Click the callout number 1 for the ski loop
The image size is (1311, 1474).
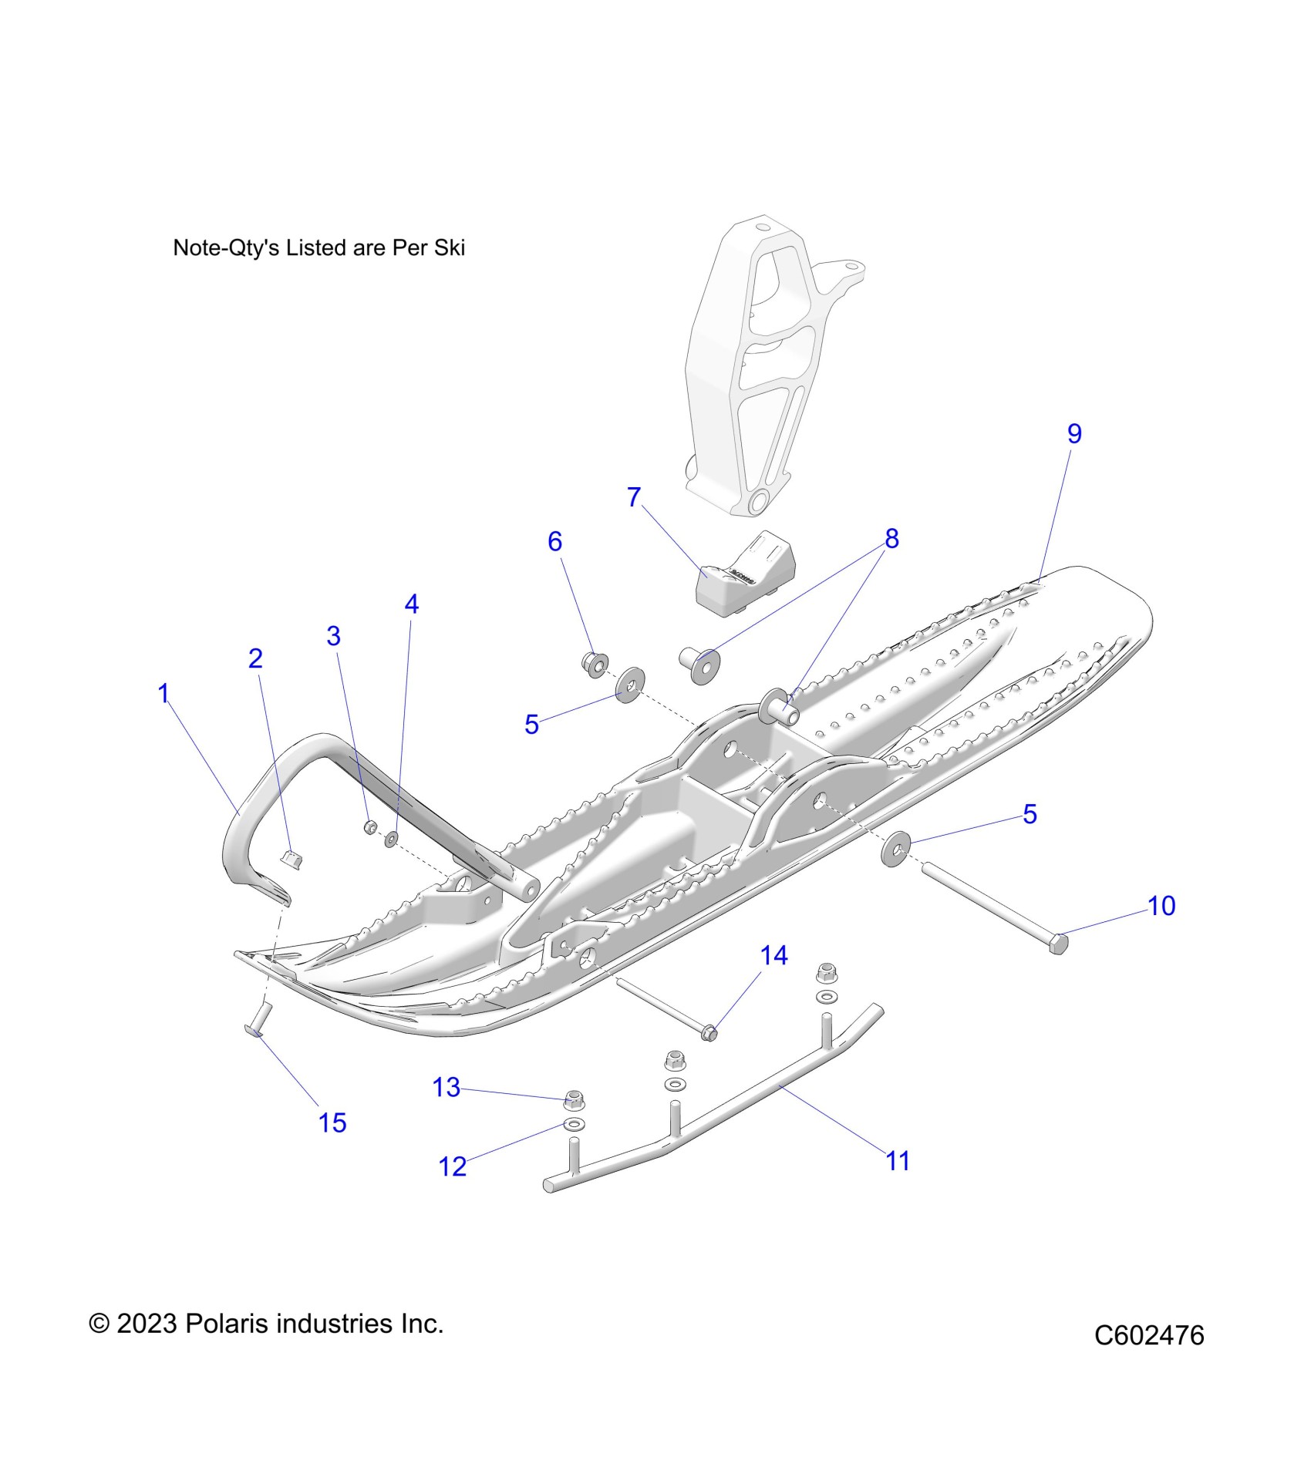163,693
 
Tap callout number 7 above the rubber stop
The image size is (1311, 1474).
634,497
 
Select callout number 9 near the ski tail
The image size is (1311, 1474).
1074,433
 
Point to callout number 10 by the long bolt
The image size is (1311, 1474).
1161,906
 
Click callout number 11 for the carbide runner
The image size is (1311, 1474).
898,1182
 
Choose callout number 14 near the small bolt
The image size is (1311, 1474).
773,956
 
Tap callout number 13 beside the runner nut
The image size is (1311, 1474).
446,1087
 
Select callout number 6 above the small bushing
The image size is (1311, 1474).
554,541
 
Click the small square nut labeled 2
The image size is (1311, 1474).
291,857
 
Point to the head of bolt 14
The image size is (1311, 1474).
710,1031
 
